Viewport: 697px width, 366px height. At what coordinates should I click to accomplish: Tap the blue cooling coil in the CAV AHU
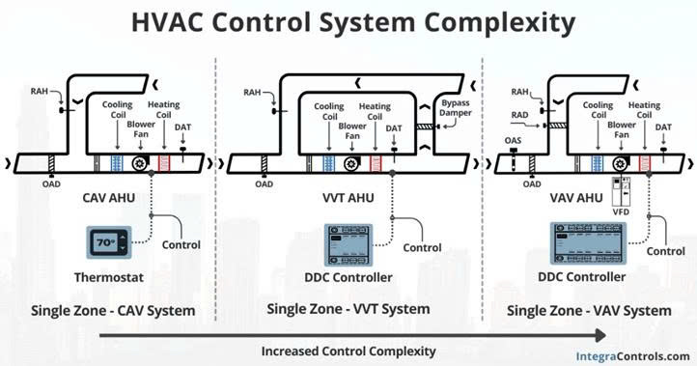(x=117, y=164)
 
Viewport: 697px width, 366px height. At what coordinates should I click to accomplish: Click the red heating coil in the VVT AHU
(x=375, y=164)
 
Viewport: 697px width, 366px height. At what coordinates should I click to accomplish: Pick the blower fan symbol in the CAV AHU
(x=141, y=164)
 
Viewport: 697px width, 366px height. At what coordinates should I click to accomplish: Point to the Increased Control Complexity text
(x=348, y=350)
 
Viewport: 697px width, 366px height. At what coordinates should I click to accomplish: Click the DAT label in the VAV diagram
(x=663, y=127)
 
